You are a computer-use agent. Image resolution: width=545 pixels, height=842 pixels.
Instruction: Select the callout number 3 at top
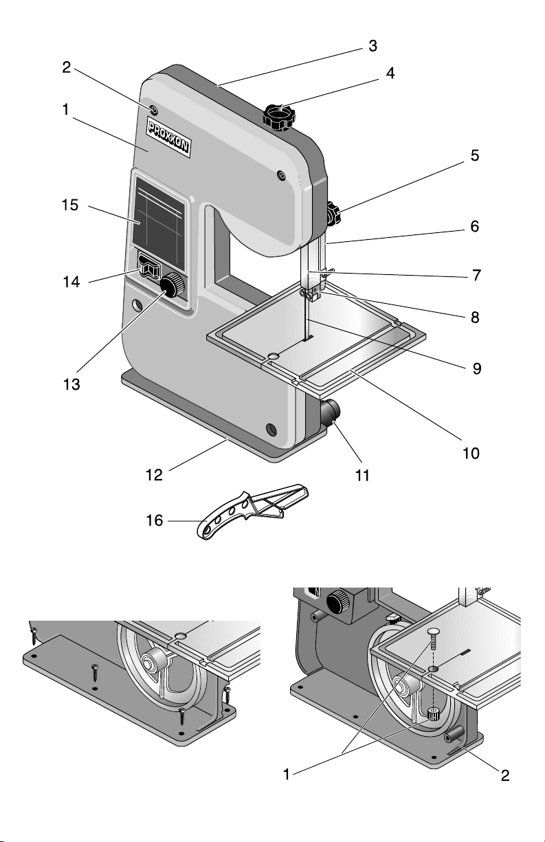pos(372,46)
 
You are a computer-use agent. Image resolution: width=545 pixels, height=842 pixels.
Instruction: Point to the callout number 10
pos(471,454)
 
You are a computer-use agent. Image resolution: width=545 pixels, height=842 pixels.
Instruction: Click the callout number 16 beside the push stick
pos(155,521)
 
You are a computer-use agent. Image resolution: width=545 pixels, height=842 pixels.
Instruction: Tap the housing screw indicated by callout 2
pos(153,111)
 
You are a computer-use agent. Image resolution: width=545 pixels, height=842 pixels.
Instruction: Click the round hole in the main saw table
pos(274,355)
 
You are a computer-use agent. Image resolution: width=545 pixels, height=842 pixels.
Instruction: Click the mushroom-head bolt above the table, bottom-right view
pos(433,632)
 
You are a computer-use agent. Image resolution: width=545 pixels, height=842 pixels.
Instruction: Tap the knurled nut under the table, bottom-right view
pos(434,714)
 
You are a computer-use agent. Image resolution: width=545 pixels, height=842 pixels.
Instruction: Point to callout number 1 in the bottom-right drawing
pos(290,775)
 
